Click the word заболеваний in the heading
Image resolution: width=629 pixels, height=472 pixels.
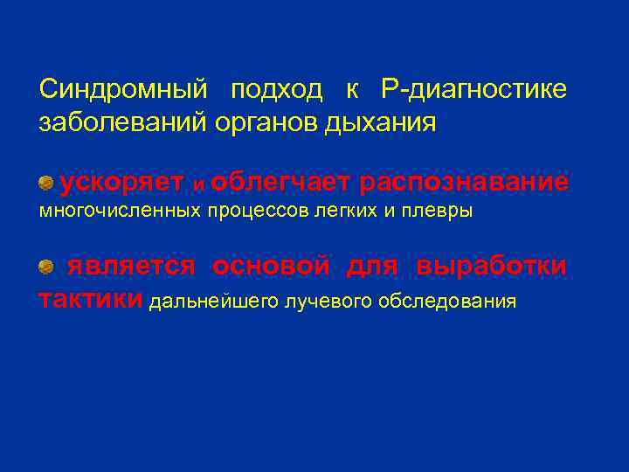pyautogui.click(x=122, y=123)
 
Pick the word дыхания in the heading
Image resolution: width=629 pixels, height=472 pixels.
pyautogui.click(x=381, y=123)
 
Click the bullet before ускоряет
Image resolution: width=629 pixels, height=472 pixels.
pyautogui.click(x=45, y=182)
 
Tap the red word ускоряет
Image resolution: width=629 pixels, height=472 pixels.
pyautogui.click(x=121, y=182)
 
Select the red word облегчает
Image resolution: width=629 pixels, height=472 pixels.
pyautogui.click(x=280, y=182)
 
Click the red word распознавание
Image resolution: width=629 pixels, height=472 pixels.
pyautogui.click(x=464, y=182)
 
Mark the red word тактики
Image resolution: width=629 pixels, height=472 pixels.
pyautogui.click(x=91, y=301)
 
